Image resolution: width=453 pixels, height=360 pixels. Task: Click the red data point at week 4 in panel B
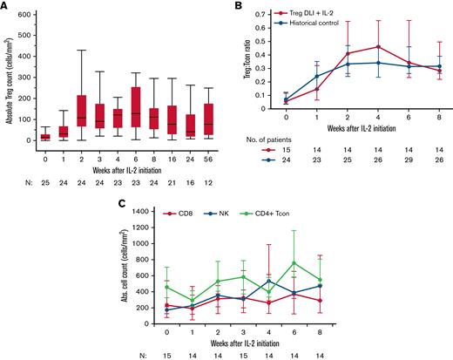click(x=377, y=46)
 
